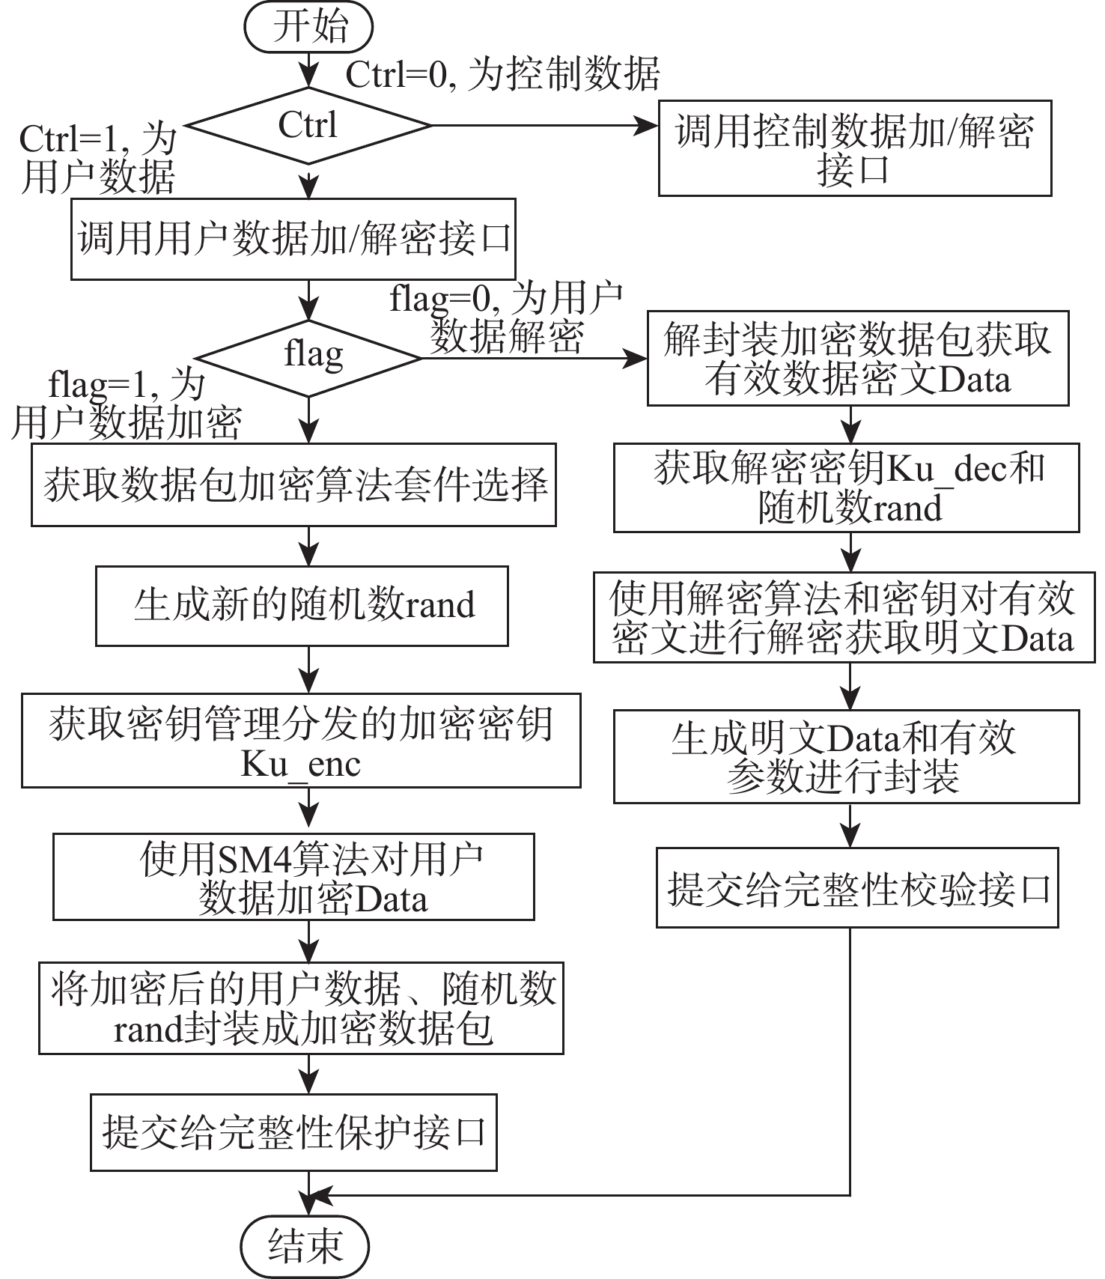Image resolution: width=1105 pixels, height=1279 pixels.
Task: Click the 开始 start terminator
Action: pyautogui.click(x=308, y=28)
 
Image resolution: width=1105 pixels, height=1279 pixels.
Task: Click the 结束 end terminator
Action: pyautogui.click(x=307, y=1245)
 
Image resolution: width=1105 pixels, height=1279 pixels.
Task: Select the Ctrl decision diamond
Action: pyautogui.click(x=308, y=125)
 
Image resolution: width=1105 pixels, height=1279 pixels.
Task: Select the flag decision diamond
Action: pyautogui.click(x=308, y=356)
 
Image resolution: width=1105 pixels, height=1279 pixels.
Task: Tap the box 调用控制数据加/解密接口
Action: pyautogui.click(x=854, y=148)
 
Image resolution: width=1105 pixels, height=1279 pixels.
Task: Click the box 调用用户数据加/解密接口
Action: pyautogui.click(x=293, y=240)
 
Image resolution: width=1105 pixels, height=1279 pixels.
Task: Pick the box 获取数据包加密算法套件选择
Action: pyautogui.click(x=293, y=485)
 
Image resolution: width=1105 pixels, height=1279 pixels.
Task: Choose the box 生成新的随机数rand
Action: pyautogui.click(x=302, y=606)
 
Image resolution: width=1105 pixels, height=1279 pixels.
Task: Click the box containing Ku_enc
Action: pyautogui.click(x=301, y=741)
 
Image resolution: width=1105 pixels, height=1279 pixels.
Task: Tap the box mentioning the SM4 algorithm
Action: pyautogui.click(x=293, y=877)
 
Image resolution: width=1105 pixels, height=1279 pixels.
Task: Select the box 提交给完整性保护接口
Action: pyautogui.click(x=293, y=1133)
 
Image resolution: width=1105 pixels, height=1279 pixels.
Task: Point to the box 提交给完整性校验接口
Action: pyautogui.click(x=857, y=888)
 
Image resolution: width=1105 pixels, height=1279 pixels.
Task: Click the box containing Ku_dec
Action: pyautogui.click(x=846, y=488)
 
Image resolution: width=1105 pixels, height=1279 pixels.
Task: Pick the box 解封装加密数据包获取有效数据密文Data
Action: pyautogui.click(x=857, y=359)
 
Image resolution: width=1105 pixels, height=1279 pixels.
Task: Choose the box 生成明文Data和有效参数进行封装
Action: pyautogui.click(x=846, y=756)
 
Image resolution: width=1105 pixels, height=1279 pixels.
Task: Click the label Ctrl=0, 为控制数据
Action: pyautogui.click(x=502, y=74)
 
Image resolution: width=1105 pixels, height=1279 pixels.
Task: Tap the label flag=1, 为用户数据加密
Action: pyautogui.click(x=126, y=404)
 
